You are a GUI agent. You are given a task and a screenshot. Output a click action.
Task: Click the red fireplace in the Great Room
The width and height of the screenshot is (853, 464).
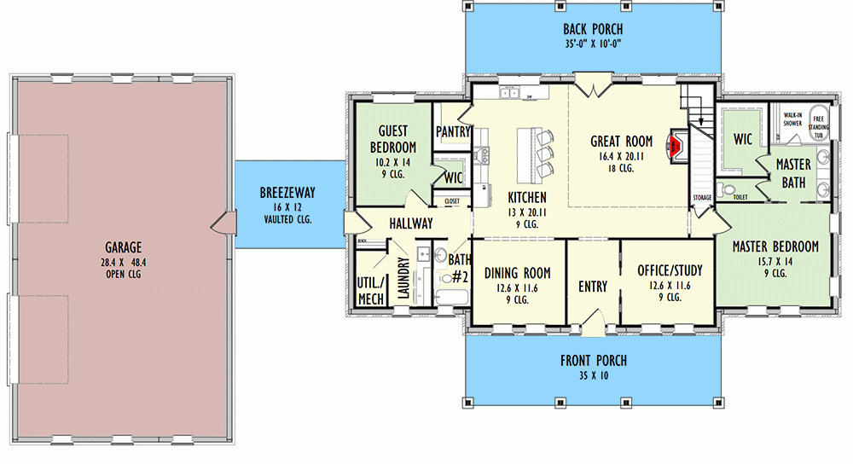(x=675, y=148)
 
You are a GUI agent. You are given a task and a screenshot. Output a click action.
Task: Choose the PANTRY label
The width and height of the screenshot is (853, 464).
(x=453, y=132)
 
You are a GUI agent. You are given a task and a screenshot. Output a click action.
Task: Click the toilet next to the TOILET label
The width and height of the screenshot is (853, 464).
(x=726, y=188)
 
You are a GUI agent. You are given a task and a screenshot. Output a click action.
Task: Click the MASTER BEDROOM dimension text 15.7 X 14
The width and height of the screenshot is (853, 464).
(x=775, y=263)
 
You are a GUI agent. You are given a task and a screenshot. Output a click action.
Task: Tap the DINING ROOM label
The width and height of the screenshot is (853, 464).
(x=517, y=273)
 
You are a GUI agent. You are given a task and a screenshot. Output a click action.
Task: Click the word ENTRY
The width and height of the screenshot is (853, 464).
(x=593, y=287)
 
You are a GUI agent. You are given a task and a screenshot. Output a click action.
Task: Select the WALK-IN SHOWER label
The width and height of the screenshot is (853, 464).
(x=792, y=119)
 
